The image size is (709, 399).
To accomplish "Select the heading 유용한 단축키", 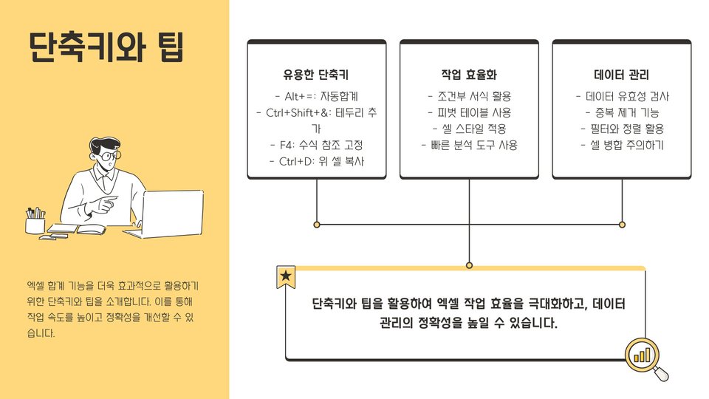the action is click(x=316, y=75).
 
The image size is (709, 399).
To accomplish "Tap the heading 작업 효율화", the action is click(x=469, y=75).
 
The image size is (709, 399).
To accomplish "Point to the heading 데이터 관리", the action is click(x=621, y=75).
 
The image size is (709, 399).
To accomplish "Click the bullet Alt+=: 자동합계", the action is click(x=316, y=96).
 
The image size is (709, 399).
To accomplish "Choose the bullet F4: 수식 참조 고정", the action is click(x=316, y=145).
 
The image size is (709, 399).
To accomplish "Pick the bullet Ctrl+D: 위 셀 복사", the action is click(x=316, y=161).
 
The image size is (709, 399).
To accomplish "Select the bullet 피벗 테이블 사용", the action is click(x=469, y=112).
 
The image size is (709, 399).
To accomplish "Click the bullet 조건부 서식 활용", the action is click(x=469, y=96).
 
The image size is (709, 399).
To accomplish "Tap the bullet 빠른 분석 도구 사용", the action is click(x=469, y=145).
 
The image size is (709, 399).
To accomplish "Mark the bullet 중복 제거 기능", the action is click(x=621, y=112).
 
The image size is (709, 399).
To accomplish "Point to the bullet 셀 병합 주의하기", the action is click(x=621, y=145).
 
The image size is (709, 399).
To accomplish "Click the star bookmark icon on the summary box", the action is click(x=286, y=277).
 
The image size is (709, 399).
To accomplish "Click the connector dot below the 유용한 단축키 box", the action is click(x=317, y=224).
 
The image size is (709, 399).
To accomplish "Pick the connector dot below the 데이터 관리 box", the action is click(x=622, y=224).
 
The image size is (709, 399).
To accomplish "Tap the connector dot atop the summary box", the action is click(x=469, y=265).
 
